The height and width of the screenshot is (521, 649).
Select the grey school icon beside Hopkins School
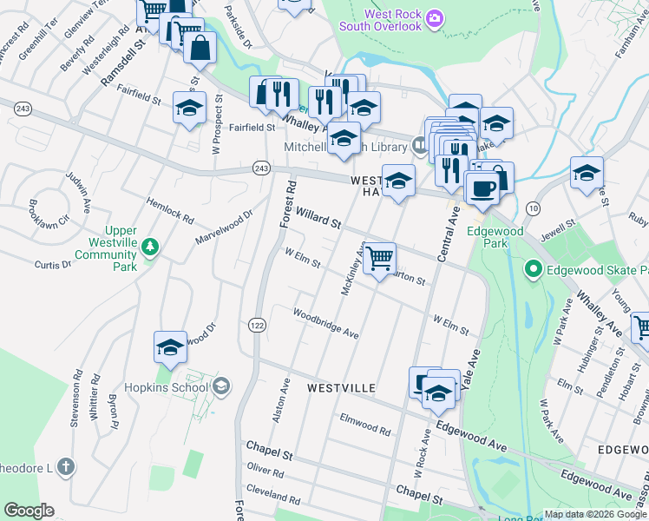pos(221,386)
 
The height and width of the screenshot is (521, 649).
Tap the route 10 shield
pos(533,208)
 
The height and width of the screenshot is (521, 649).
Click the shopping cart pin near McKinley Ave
pos(379,258)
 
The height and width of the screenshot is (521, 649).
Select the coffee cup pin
pos(482,187)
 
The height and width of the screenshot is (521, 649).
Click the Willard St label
pos(318,216)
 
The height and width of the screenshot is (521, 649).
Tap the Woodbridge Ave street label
pos(325,323)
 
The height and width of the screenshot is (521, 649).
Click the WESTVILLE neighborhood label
pos(341,387)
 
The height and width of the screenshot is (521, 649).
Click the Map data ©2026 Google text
pos(595,514)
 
